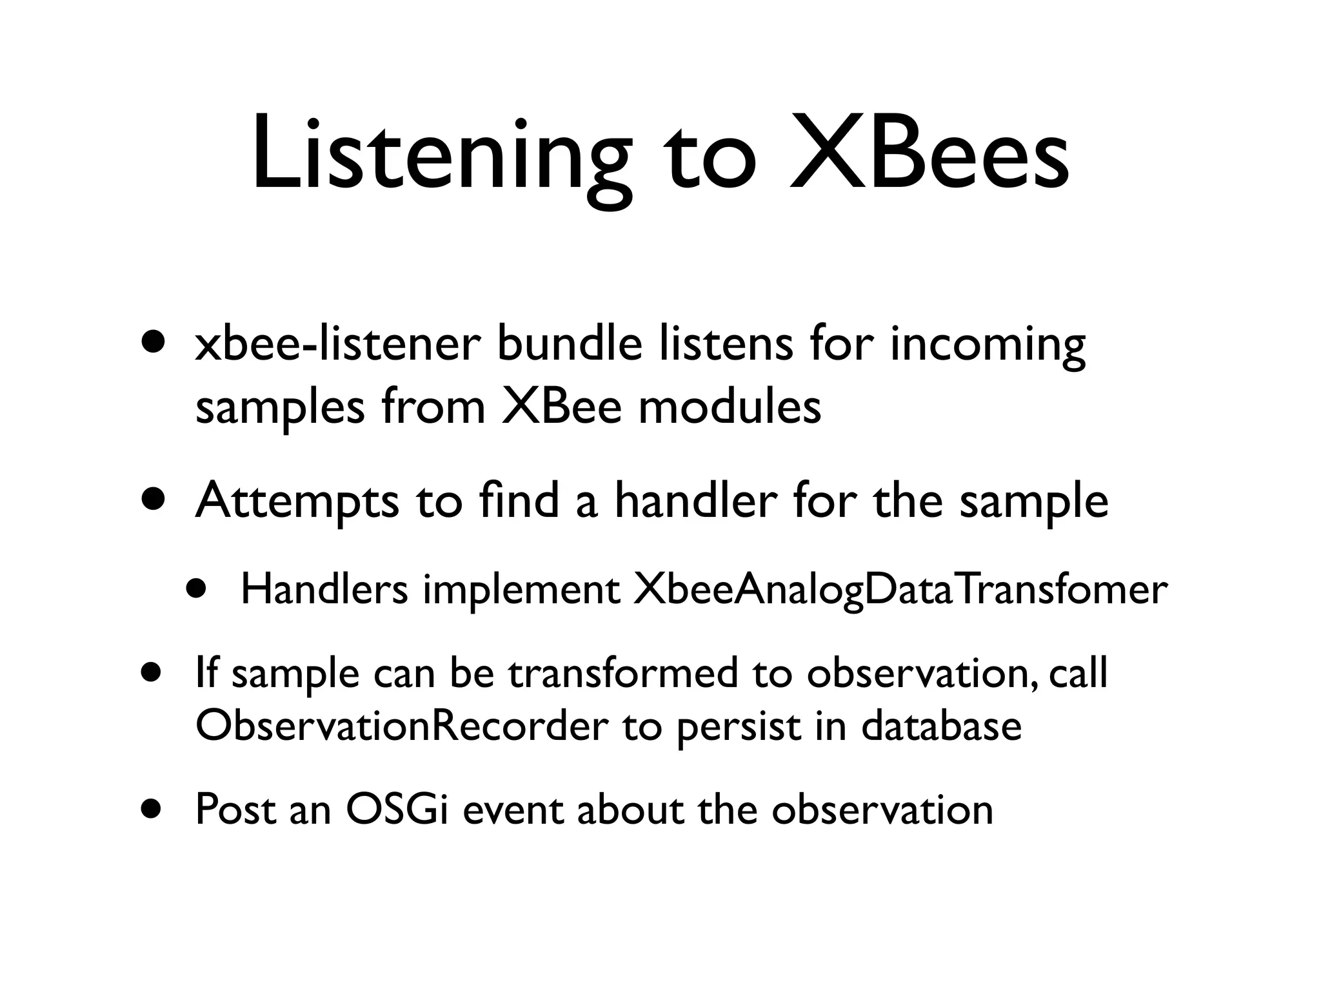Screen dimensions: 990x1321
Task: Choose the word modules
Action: (730, 407)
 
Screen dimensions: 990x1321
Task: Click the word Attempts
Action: (297, 503)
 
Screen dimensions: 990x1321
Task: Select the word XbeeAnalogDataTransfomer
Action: (900, 590)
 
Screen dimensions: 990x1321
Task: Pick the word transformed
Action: (622, 674)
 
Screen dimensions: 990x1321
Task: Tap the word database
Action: (942, 726)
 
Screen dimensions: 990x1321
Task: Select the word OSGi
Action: (397, 810)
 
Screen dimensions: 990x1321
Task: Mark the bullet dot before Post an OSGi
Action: (152, 810)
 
